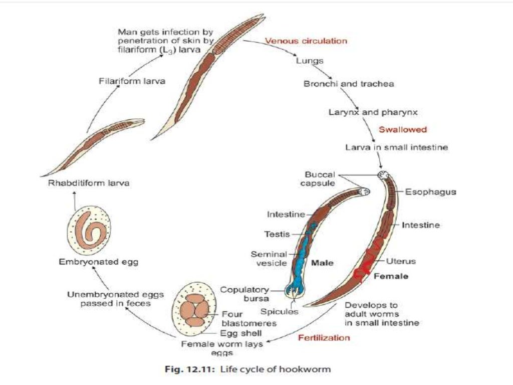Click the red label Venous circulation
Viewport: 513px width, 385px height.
pyautogui.click(x=305, y=41)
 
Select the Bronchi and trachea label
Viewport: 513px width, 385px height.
pyautogui.click(x=349, y=84)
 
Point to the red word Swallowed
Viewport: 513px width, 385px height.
pyautogui.click(x=402, y=129)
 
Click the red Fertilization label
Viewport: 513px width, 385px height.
pyautogui.click(x=324, y=337)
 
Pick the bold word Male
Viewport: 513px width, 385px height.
pyautogui.click(x=322, y=263)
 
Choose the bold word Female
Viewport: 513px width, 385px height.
pyautogui.click(x=391, y=276)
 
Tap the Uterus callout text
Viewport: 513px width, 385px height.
pyautogui.click(x=401, y=261)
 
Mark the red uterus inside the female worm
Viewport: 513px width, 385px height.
pyautogui.click(x=371, y=262)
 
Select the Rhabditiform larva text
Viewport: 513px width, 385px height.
pyautogui.click(x=89, y=183)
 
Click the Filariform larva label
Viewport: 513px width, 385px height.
pyautogui.click(x=132, y=82)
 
